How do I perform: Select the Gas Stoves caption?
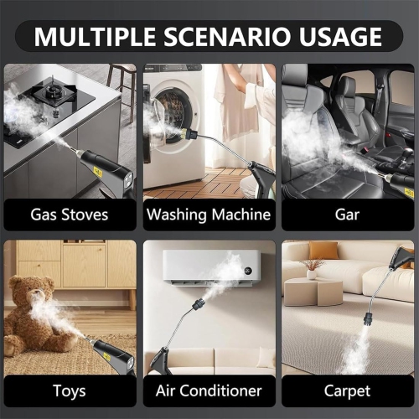[70, 215]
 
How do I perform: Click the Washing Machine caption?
[209, 215]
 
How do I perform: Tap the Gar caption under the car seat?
[348, 215]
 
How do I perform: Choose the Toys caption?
[69, 391]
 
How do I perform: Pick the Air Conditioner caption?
[209, 391]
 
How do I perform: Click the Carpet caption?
[348, 391]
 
